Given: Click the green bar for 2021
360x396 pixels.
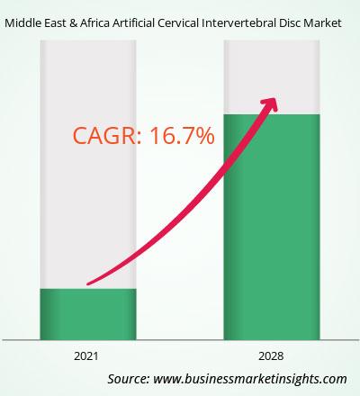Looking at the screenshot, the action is click(x=88, y=314).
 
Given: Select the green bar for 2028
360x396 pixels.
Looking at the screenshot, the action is click(x=272, y=227).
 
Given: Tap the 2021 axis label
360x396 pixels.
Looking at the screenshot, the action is click(x=86, y=356).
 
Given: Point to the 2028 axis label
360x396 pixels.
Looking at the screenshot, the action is click(x=271, y=356).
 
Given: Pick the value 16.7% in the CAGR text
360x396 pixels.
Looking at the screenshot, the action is click(x=182, y=136).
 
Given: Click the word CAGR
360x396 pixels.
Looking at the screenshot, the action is click(x=104, y=136).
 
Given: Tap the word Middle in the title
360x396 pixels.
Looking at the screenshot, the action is click(x=20, y=23).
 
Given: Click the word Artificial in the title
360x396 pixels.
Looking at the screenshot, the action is click(x=133, y=23).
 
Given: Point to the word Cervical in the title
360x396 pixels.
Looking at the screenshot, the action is click(x=178, y=23).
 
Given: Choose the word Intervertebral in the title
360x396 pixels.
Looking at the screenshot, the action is click(x=238, y=23).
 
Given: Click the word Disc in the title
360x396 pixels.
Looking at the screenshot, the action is click(x=290, y=23).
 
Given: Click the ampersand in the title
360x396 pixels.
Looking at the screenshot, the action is click(x=73, y=23).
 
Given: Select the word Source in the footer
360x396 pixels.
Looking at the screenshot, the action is click(x=129, y=379).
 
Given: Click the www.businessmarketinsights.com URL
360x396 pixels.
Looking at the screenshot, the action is click(x=250, y=379).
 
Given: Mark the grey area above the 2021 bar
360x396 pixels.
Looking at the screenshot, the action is click(x=88, y=165).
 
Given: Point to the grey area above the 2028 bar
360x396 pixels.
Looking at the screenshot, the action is click(x=272, y=77).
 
